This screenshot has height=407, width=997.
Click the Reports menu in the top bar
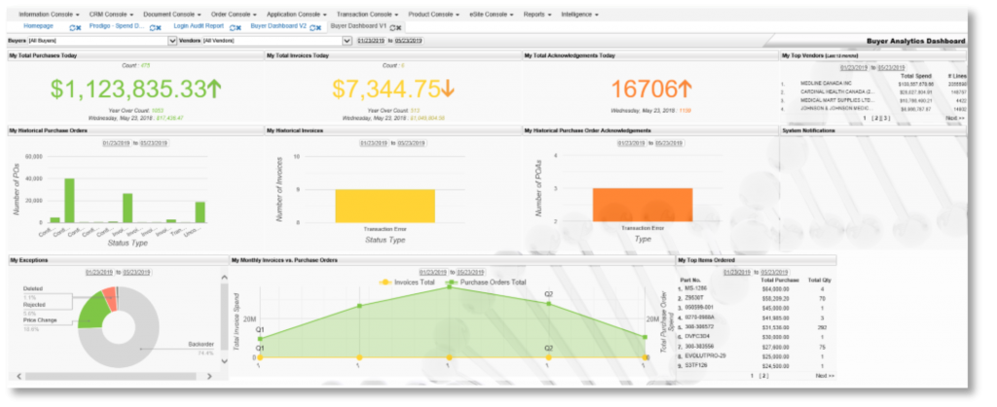[x=536, y=16]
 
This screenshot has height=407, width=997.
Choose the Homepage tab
[x=38, y=26]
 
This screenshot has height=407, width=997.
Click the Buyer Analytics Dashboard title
[x=915, y=42]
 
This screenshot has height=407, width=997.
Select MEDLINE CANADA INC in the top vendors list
[x=828, y=84]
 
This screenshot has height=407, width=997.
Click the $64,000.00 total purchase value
[x=775, y=289]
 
